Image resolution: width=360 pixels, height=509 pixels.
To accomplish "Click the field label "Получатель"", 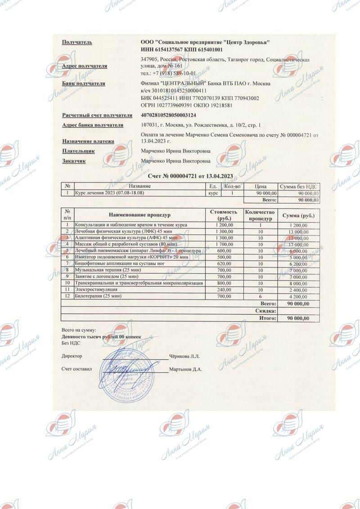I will tap(77, 42).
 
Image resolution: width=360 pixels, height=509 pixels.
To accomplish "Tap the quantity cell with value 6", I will tap(260, 296).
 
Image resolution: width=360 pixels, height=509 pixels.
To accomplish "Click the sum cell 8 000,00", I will tap(298, 283).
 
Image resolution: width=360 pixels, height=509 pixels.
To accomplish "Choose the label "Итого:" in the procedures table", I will tap(267, 318).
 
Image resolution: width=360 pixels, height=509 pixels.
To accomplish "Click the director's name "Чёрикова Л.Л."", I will tap(184, 356).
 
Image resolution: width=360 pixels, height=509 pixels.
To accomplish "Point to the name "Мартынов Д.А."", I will tap(186, 369).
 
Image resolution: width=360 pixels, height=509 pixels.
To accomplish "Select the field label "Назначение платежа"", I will tap(88, 141).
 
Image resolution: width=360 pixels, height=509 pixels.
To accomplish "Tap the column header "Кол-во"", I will tap(232, 186).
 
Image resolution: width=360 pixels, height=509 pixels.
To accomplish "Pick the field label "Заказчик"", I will tap(74, 161).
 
